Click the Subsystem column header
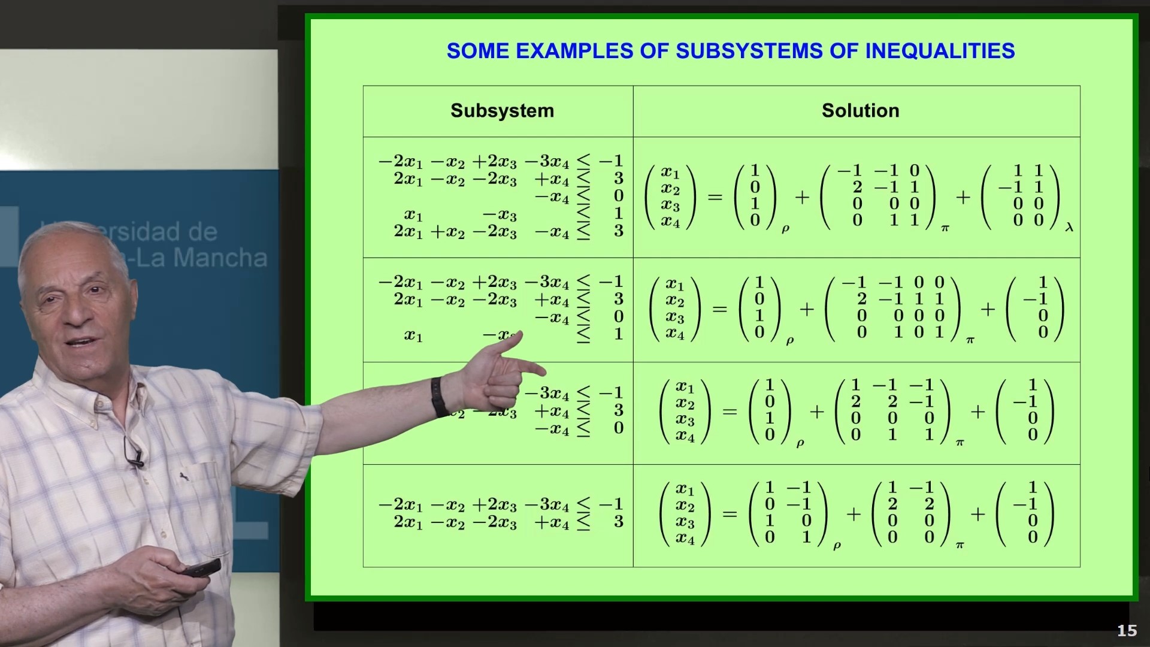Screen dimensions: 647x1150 (502, 111)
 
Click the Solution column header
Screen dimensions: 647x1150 (860, 111)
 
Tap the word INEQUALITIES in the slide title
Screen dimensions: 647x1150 (940, 51)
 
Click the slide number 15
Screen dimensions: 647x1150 (1127, 631)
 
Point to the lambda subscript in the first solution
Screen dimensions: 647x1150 (1069, 227)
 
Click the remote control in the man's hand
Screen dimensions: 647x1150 (201, 567)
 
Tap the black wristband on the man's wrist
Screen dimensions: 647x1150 (439, 397)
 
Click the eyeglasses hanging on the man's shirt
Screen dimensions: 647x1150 (133, 452)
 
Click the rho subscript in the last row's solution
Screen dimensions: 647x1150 (837, 545)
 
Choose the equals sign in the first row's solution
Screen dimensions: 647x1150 (715, 196)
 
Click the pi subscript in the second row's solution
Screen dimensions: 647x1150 (970, 340)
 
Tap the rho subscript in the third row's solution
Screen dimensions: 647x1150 (800, 443)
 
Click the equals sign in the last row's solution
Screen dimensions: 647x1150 (730, 513)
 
